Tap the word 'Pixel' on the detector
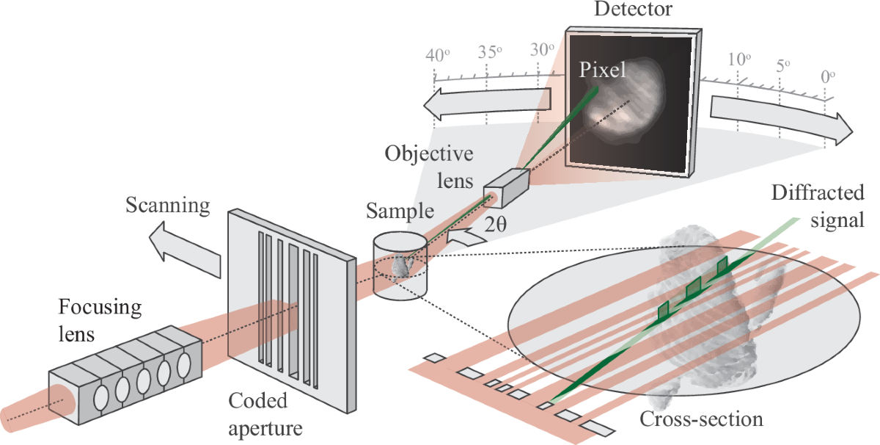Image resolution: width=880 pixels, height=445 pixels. (x=603, y=70)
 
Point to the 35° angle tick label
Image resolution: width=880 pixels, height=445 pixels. (x=489, y=53)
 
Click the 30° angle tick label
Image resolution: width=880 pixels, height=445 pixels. (x=542, y=50)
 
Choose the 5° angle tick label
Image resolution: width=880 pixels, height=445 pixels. (x=783, y=66)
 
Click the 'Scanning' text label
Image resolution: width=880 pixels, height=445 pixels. (x=167, y=206)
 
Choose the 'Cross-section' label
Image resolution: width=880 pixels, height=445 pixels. (x=701, y=419)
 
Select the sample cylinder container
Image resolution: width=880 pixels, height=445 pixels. (x=400, y=265)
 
